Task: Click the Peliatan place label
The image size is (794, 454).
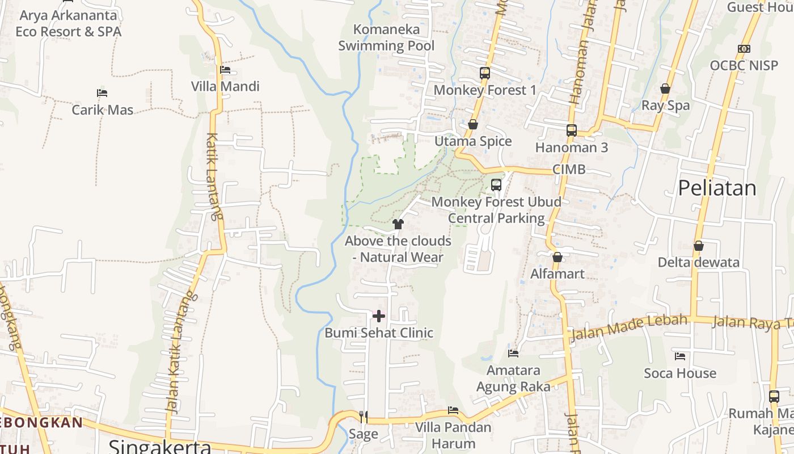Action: (x=717, y=188)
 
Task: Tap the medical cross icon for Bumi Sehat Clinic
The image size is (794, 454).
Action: (x=379, y=316)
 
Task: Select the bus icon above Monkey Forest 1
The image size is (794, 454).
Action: (x=484, y=73)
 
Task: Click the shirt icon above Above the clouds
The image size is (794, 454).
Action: (x=398, y=224)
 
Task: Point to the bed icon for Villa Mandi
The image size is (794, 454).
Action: (x=225, y=70)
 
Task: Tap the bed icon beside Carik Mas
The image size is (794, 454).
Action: (x=102, y=93)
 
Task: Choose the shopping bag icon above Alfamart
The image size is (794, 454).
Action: (x=558, y=257)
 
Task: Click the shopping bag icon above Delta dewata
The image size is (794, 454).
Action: (x=698, y=246)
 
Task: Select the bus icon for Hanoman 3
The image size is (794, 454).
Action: (x=571, y=131)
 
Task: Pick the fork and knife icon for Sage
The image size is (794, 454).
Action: (x=363, y=417)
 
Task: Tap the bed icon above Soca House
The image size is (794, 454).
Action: (x=680, y=356)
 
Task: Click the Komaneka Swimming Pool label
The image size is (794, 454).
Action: (x=386, y=37)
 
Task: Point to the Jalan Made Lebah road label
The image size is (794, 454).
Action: (x=629, y=327)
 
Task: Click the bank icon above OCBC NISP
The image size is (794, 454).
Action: (x=744, y=49)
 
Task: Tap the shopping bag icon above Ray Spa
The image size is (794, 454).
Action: (x=665, y=89)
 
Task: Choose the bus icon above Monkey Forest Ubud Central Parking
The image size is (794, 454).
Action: (x=496, y=184)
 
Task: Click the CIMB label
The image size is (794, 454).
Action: (x=569, y=170)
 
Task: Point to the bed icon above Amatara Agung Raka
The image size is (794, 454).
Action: (x=513, y=354)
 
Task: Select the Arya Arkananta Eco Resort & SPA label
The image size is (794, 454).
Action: (x=68, y=23)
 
